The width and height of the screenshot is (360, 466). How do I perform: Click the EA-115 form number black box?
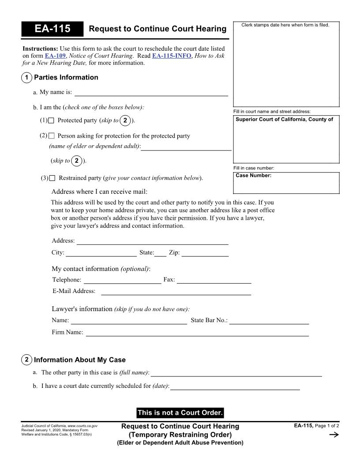click(x=52, y=29)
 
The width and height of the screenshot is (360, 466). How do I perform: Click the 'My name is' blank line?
click(x=151, y=92)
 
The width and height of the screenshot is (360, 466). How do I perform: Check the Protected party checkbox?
click(x=51, y=120)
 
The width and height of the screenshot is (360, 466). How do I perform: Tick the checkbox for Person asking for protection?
click(x=52, y=136)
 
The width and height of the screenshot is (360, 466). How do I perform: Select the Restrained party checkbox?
click(x=52, y=178)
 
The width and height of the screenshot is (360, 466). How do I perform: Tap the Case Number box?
click(x=286, y=183)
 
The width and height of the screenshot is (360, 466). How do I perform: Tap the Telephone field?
click(x=122, y=280)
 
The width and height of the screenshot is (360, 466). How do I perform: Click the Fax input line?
click(x=214, y=280)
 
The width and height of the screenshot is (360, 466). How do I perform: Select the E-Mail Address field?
click(x=176, y=291)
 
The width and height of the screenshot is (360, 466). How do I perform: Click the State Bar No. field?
click(x=269, y=320)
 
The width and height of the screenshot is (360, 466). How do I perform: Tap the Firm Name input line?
click(x=197, y=333)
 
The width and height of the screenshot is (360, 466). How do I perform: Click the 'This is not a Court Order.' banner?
click(x=180, y=413)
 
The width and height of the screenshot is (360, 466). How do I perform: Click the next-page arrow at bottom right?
click(x=334, y=435)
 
